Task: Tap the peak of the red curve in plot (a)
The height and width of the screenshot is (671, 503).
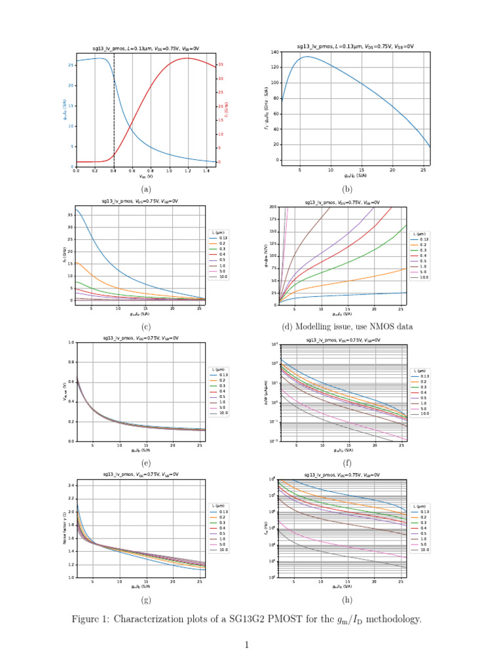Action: click(187, 58)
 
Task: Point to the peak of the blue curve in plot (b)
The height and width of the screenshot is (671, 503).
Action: click(306, 56)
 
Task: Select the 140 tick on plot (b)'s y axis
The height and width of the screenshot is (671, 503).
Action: click(274, 52)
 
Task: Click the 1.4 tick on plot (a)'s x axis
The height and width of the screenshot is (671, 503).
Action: click(207, 171)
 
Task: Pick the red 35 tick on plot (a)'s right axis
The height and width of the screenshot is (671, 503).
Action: click(221, 65)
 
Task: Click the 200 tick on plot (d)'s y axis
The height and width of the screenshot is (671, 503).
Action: click(273, 207)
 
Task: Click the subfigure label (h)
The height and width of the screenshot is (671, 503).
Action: click(347, 599)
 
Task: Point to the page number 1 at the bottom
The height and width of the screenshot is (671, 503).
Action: click(248, 645)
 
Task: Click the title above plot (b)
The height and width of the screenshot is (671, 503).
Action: click(355, 47)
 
